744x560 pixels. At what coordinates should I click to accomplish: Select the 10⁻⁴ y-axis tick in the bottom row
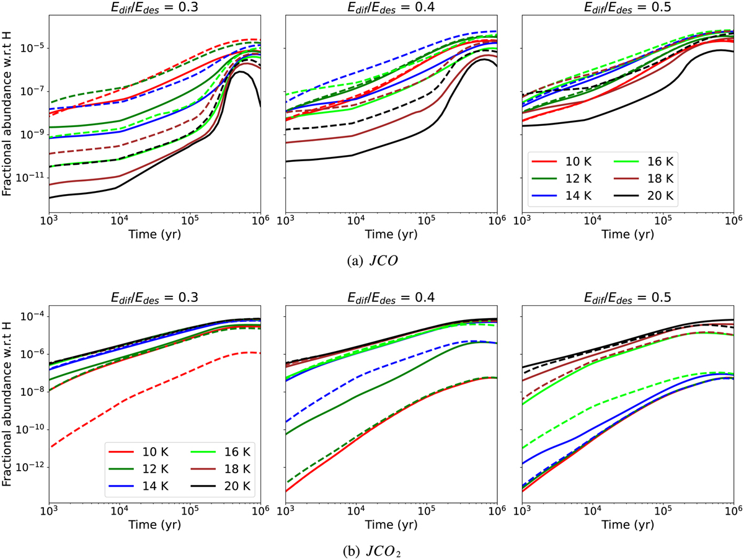tap(33, 317)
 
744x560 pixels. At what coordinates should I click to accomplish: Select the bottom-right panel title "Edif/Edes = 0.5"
tap(628, 296)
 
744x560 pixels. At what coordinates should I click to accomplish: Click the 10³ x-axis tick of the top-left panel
tap(49, 223)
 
